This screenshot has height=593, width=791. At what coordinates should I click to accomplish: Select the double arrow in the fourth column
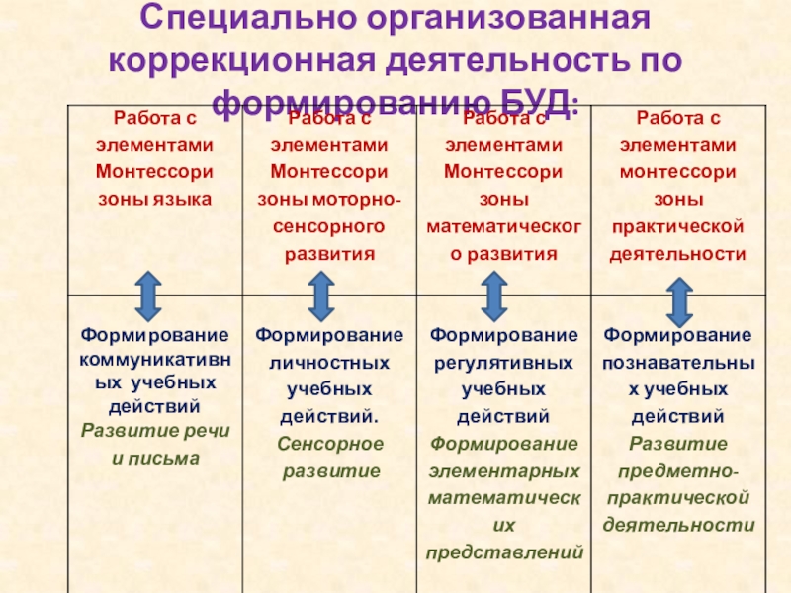click(677, 300)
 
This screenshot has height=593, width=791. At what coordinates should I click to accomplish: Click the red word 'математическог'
click(503, 226)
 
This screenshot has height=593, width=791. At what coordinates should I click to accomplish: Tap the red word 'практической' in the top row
click(678, 226)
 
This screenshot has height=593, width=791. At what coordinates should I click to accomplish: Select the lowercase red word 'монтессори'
click(678, 171)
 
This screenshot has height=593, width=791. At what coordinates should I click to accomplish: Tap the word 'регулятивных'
click(503, 362)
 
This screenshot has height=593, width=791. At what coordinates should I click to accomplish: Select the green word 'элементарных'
click(503, 470)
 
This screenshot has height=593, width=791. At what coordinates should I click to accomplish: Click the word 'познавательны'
click(678, 362)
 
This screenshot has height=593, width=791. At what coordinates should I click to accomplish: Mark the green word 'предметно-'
click(678, 470)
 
